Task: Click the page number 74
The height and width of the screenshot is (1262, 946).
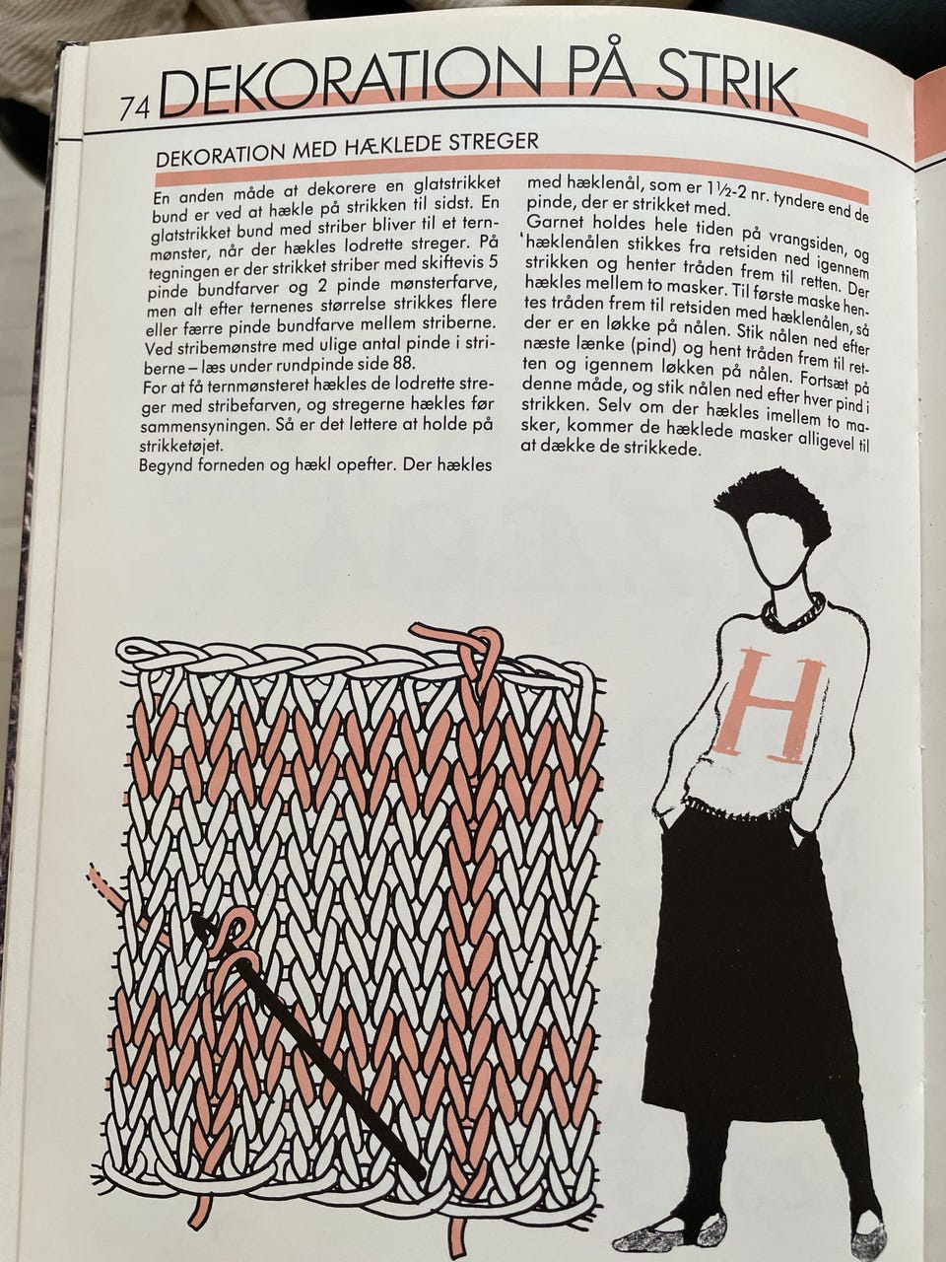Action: coord(134,108)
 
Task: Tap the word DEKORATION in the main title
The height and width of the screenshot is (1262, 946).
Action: coord(348,85)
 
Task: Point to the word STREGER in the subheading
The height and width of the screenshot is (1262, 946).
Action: coord(494,143)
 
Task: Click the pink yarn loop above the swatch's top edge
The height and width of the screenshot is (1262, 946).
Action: coord(472,643)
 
